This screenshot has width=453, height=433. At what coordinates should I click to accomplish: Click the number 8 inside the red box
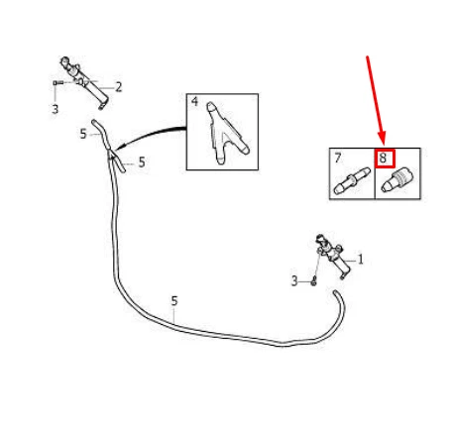click(x=383, y=158)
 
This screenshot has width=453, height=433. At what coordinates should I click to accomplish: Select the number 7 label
click(x=337, y=158)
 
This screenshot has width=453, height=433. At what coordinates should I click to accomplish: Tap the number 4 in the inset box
click(x=194, y=102)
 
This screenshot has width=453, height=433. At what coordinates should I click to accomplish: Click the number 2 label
click(x=118, y=87)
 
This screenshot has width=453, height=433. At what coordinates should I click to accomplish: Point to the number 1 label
click(x=361, y=260)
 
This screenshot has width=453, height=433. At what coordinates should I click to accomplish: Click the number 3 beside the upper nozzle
click(x=56, y=109)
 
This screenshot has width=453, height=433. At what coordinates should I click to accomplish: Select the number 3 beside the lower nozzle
click(x=294, y=281)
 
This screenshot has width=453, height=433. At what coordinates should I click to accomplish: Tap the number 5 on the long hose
click(x=174, y=301)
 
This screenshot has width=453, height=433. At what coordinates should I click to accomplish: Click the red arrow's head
click(x=382, y=138)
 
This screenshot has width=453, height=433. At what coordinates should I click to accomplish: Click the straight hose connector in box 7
click(x=352, y=180)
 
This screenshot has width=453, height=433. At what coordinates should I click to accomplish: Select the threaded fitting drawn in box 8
click(x=397, y=180)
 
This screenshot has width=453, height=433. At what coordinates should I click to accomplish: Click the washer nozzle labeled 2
click(x=84, y=82)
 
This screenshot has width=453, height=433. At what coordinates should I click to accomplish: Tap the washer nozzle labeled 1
click(x=333, y=257)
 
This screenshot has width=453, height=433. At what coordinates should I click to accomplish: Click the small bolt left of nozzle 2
click(x=58, y=82)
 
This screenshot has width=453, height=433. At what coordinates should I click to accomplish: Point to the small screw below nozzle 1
click(x=314, y=282)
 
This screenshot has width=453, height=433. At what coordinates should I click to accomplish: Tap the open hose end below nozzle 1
click(x=335, y=292)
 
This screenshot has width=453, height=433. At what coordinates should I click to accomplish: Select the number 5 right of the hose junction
click(x=142, y=162)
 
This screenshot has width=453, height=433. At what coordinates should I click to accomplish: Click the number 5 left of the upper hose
click(x=83, y=134)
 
